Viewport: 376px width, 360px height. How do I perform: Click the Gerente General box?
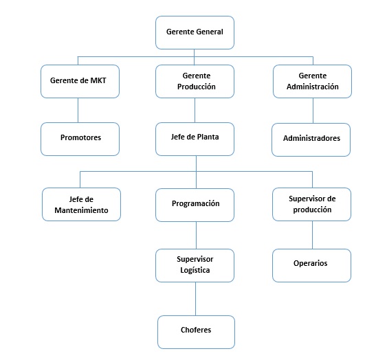(195, 32)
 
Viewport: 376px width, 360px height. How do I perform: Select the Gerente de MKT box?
(80, 81)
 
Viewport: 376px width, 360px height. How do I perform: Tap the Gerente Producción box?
(195, 81)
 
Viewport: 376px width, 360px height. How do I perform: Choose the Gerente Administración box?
(312, 81)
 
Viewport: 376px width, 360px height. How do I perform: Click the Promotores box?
(80, 139)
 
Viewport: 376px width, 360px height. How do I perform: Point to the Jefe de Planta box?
(195, 139)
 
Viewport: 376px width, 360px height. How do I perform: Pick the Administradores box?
(311, 139)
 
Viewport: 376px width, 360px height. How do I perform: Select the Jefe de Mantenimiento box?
(81, 204)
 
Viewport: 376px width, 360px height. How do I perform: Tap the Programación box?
(195, 205)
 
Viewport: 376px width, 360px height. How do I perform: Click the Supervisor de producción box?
(312, 204)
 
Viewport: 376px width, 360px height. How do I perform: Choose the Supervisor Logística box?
(195, 265)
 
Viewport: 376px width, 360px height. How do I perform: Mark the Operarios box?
(312, 265)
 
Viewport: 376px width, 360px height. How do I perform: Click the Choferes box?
(196, 332)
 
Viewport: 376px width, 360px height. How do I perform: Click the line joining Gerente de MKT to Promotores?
(78, 110)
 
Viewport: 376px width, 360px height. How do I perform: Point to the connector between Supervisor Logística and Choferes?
(195, 299)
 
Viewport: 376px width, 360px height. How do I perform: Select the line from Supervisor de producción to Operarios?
(312, 235)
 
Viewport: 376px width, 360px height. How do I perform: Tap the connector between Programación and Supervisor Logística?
(196, 235)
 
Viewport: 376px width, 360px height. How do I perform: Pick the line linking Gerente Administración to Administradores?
(313, 111)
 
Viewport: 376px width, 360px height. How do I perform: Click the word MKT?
(98, 80)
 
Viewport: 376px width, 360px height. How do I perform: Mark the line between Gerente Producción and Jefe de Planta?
(195, 110)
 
